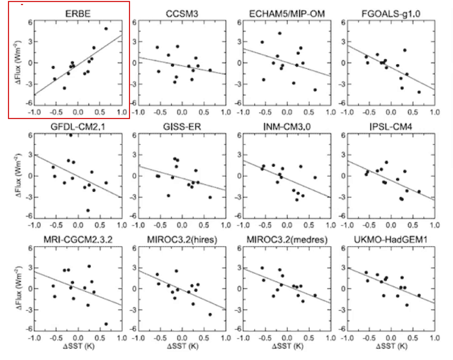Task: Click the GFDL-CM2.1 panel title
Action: (77, 126)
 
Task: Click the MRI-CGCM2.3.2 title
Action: (77, 239)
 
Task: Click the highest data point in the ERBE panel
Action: (106, 28)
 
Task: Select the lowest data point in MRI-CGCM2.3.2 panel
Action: (106, 324)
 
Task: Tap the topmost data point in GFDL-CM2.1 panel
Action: (70, 135)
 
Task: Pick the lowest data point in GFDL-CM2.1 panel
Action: (88, 210)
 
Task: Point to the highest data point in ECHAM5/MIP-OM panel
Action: (279, 33)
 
